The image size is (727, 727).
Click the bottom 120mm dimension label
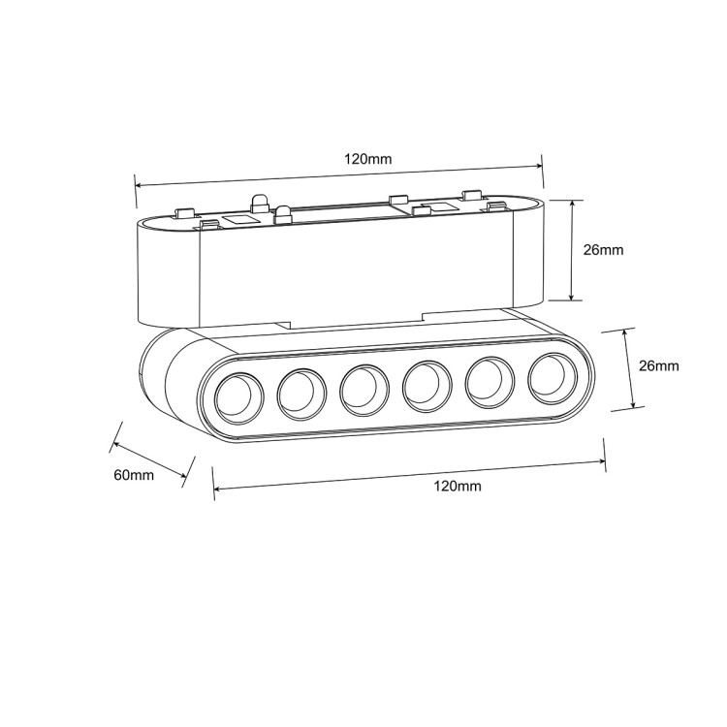(x=458, y=486)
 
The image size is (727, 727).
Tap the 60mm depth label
(x=134, y=474)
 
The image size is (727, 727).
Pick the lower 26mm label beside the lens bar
(x=659, y=365)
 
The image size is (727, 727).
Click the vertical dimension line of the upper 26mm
(x=574, y=250)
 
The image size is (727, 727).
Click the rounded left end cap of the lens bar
(x=165, y=378)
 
